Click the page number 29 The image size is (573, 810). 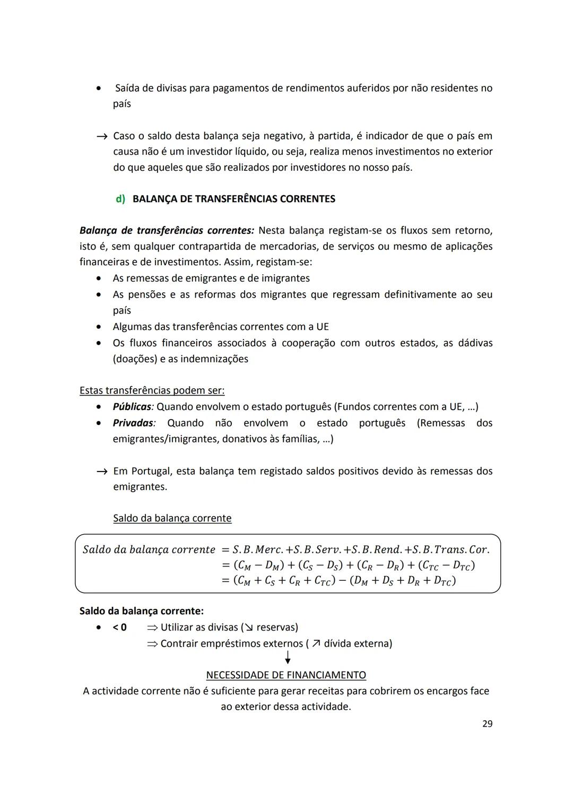pos(487,724)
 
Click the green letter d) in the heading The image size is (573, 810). pos(120,199)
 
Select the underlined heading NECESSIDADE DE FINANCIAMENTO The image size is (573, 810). pos(286,675)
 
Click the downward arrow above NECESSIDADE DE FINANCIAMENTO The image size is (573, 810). pos(288,658)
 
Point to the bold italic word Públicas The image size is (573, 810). pos(132,407)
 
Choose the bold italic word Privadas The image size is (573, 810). pos(133,423)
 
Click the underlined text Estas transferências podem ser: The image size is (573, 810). pos(152,390)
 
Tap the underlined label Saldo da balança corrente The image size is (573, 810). pos(172,518)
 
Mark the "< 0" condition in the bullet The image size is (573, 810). pos(119,628)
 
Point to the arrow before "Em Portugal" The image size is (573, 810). pos(102,472)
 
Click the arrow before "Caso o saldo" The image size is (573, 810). pos(102,136)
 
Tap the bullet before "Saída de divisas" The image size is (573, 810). pos(99,89)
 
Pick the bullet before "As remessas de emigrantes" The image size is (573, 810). pos(99,278)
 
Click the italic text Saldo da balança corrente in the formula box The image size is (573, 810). pos(149,550)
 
